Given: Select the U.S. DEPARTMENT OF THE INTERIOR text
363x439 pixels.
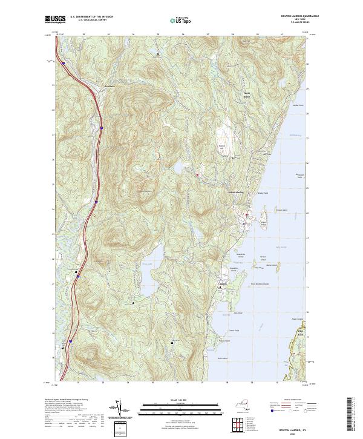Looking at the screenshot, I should click(x=91, y=17).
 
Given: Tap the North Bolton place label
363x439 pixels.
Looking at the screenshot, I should click(x=246, y=95).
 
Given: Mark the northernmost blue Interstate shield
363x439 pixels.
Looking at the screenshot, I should click(x=63, y=63).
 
